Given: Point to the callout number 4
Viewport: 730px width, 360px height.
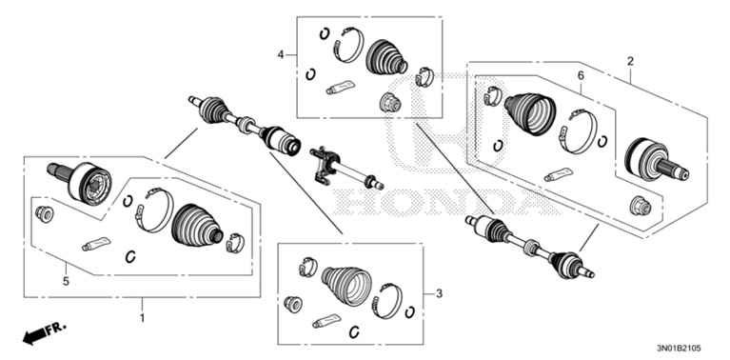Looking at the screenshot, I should (281, 55).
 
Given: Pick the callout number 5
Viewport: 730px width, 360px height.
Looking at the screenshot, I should (67, 281).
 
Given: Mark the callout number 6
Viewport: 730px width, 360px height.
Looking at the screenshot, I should (579, 75).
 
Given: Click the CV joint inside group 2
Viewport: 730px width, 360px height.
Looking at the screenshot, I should (652, 160).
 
